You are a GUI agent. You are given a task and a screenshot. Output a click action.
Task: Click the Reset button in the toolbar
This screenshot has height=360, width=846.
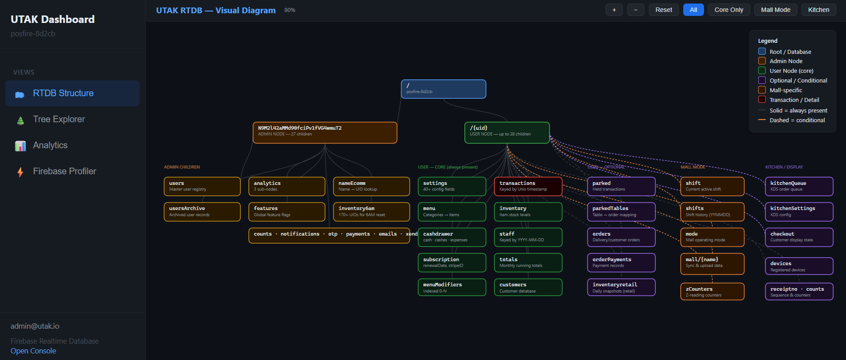tap(663, 10)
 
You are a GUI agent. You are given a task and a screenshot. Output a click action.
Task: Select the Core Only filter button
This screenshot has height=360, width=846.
tap(729, 10)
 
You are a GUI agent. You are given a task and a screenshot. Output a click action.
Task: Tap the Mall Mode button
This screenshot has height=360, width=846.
tap(775, 10)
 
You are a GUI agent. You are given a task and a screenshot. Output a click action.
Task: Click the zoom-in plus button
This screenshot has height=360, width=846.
tap(614, 10)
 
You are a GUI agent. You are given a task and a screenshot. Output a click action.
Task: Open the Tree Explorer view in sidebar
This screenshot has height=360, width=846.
tap(59, 119)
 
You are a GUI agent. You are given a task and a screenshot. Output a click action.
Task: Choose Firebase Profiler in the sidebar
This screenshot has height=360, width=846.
tap(64, 171)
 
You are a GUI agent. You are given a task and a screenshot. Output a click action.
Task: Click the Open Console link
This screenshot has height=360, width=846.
tap(34, 351)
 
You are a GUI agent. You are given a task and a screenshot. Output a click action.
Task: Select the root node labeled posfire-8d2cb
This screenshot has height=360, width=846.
tap(443, 89)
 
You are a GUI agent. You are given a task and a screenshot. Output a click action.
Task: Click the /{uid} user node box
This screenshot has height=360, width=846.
tap(507, 132)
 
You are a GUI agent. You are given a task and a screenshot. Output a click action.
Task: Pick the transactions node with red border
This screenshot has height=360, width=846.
tap(528, 186)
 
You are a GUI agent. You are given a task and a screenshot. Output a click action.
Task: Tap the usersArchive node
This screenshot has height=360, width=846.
tap(202, 212)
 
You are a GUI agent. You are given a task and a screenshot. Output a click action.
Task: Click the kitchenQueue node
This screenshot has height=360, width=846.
tap(799, 186)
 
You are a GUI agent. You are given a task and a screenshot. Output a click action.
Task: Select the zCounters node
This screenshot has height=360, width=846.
tap(712, 292)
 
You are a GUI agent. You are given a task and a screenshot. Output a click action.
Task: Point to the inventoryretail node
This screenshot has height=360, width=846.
tap(621, 287)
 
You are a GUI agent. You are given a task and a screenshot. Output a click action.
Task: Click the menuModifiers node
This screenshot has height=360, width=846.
tap(452, 287)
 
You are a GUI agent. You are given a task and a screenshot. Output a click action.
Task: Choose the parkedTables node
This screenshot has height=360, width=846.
tap(621, 212)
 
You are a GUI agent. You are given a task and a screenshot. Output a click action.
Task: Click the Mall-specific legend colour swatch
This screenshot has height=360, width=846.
tap(762, 90)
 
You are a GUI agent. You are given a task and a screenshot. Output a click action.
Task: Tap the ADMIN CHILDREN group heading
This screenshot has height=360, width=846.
tap(182, 167)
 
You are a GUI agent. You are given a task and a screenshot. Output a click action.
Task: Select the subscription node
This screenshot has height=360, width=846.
tap(452, 262)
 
